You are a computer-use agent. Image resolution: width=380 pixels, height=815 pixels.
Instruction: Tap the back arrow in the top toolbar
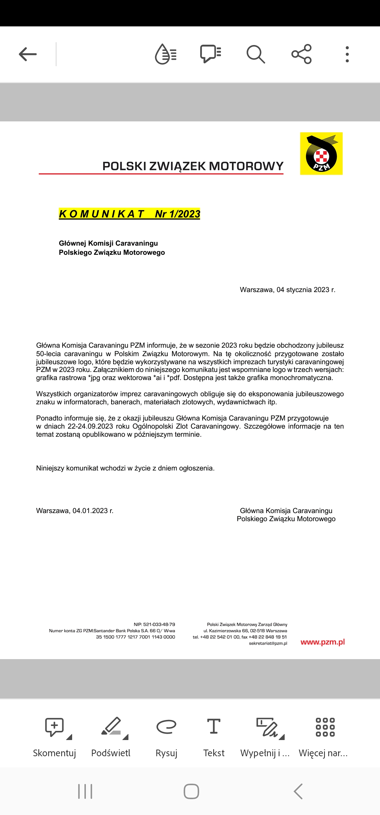click(x=28, y=54)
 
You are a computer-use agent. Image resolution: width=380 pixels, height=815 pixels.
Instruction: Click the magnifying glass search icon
click(x=255, y=54)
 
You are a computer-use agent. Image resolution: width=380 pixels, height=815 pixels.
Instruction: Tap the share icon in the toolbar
click(x=302, y=54)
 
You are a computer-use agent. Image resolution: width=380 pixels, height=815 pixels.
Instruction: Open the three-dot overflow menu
click(x=347, y=54)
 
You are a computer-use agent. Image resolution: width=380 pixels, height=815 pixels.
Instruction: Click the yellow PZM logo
click(x=321, y=153)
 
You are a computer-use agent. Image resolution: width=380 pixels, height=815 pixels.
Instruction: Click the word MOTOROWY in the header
click(x=246, y=166)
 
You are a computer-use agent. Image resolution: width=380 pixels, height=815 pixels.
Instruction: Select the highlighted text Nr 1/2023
click(x=177, y=214)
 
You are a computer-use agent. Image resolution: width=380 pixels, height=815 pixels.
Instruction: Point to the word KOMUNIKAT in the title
click(x=102, y=214)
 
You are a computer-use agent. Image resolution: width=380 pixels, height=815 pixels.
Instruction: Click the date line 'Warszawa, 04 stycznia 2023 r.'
click(x=287, y=290)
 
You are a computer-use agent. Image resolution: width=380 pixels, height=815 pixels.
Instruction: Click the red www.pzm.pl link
click(x=323, y=642)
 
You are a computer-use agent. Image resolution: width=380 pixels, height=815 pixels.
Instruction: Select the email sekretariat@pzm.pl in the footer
click(x=268, y=643)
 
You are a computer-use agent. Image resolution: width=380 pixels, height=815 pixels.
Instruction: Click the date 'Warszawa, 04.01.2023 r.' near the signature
click(x=75, y=511)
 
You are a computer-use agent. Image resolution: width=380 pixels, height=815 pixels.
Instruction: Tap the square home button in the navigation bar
click(x=191, y=791)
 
